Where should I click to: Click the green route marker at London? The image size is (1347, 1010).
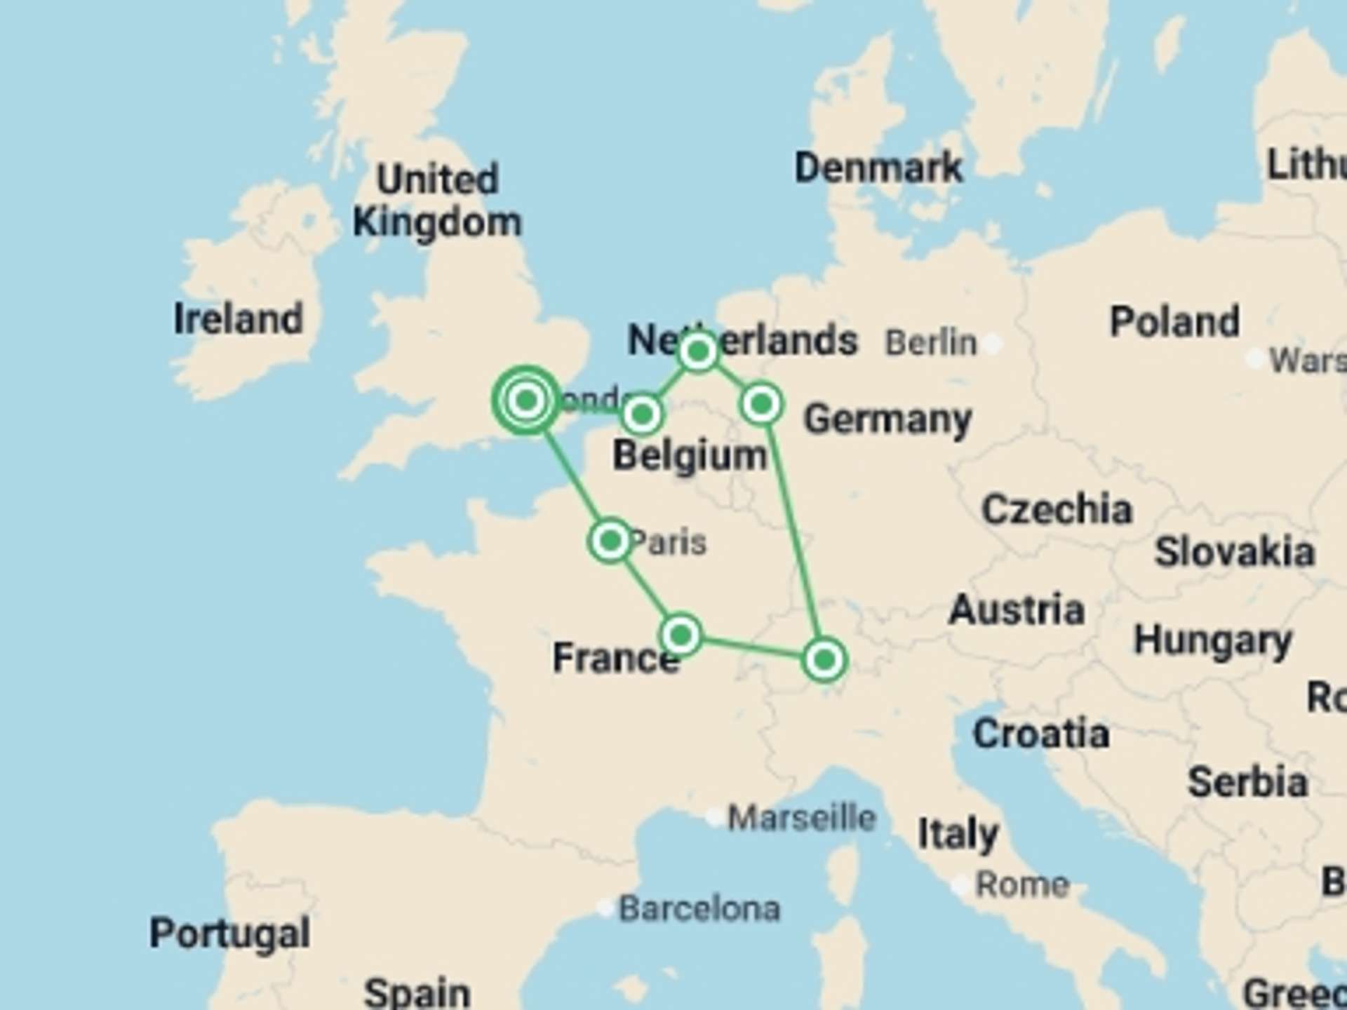(x=526, y=400)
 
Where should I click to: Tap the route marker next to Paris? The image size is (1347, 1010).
(x=610, y=541)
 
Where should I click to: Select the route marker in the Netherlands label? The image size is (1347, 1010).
(x=698, y=351)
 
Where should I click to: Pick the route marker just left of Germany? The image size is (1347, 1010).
(x=762, y=404)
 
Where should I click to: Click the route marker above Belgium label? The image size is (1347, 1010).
(x=641, y=415)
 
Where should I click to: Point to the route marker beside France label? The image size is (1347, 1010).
(x=681, y=635)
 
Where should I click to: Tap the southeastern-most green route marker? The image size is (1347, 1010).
(x=824, y=659)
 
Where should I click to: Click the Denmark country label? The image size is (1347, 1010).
(x=878, y=168)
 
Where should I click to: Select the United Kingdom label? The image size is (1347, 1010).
(x=437, y=201)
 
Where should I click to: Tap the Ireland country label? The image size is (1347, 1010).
(x=238, y=319)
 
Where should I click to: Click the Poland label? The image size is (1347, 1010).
(x=1174, y=322)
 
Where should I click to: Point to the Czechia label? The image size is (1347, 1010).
(x=1057, y=509)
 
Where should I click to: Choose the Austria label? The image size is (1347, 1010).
(x=1017, y=610)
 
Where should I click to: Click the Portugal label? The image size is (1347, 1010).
(x=229, y=933)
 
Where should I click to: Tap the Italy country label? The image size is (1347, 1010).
(x=958, y=834)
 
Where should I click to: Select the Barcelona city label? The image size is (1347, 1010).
(x=699, y=909)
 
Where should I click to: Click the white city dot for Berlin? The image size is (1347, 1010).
(x=992, y=344)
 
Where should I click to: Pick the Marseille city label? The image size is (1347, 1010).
(x=802, y=818)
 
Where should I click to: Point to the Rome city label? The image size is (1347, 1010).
(x=1022, y=885)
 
